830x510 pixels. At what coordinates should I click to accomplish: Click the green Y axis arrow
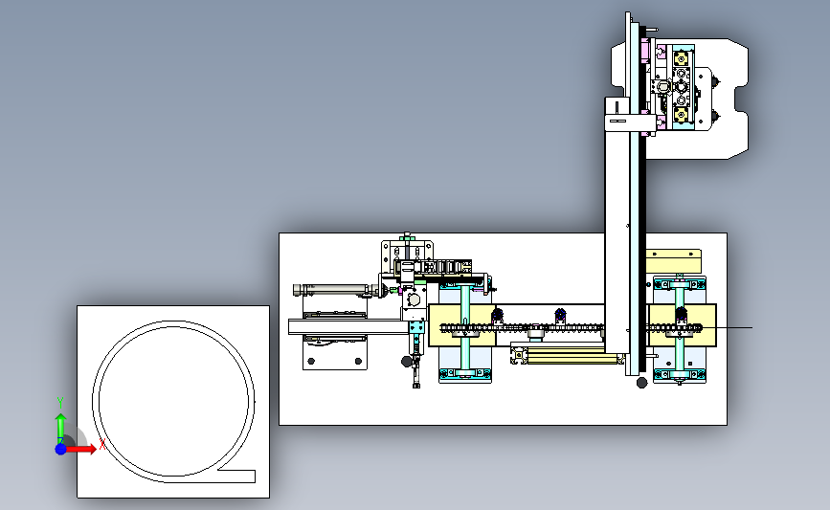point(61,428)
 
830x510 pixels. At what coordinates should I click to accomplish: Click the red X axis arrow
point(81,449)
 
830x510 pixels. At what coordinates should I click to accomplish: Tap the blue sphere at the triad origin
point(61,449)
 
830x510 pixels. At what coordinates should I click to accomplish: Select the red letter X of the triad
point(102,444)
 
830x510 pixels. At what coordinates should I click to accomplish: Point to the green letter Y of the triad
point(60,403)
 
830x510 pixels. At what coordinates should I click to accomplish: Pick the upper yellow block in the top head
point(681,57)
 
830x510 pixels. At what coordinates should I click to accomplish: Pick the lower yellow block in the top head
point(681,114)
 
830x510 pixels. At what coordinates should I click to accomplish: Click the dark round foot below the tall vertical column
point(641,383)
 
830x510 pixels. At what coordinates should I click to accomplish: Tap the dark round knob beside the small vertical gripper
point(407,362)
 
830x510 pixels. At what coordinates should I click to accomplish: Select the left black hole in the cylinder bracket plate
point(311,362)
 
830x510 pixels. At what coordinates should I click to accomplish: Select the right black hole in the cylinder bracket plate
point(358,362)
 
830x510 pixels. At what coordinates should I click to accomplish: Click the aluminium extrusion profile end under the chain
point(519,355)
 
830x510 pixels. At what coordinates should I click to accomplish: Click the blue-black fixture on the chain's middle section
point(561,317)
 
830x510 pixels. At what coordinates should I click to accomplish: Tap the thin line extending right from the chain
point(728,327)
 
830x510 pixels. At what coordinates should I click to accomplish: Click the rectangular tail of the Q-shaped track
point(237,476)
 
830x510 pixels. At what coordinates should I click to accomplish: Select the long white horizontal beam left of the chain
point(348,326)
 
